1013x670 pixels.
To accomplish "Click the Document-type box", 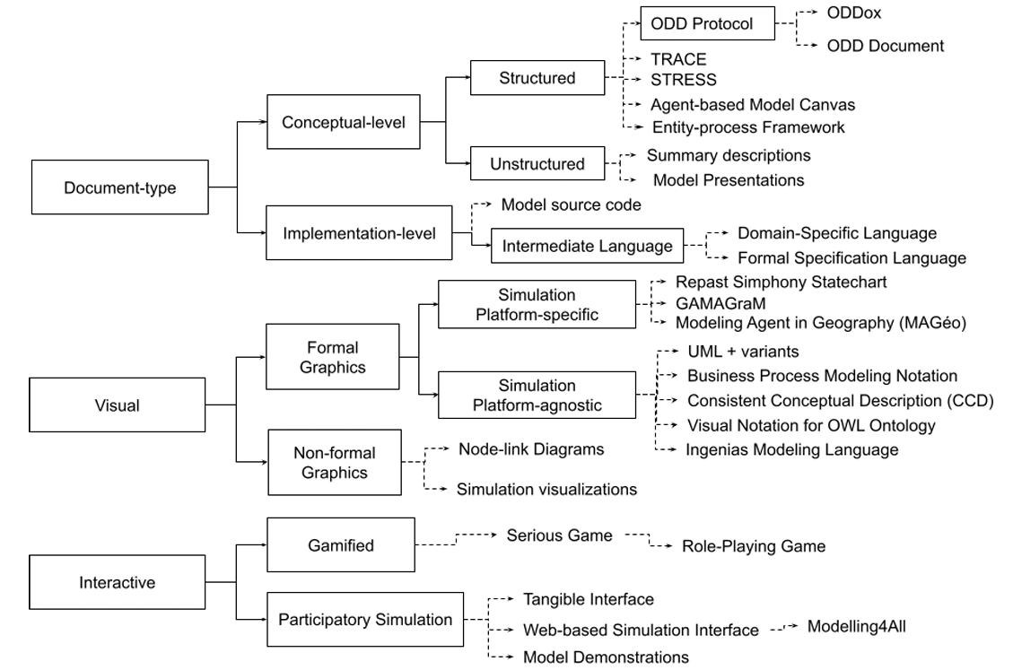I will point(119,187).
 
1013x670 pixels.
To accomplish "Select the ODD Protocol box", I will point(707,24).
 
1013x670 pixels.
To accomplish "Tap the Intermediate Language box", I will point(588,245).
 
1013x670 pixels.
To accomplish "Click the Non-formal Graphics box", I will point(333,462).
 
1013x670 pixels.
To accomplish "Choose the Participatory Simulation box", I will point(365,619).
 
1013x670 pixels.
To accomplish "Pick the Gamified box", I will point(341,544).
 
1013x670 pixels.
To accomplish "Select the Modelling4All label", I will point(857,626).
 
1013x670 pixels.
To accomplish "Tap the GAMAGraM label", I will point(715,302).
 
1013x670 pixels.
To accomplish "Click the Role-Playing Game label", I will point(754,545).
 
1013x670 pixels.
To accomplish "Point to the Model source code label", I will point(571,204).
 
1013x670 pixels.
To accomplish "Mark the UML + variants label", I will point(743,352).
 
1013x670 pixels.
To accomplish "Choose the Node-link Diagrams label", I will point(531,448).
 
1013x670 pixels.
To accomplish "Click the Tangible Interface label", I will point(589,598).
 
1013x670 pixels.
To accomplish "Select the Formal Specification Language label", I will point(851,257).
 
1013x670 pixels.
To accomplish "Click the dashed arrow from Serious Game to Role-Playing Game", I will point(648,540).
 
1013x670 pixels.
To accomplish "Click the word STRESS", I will point(684,80).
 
